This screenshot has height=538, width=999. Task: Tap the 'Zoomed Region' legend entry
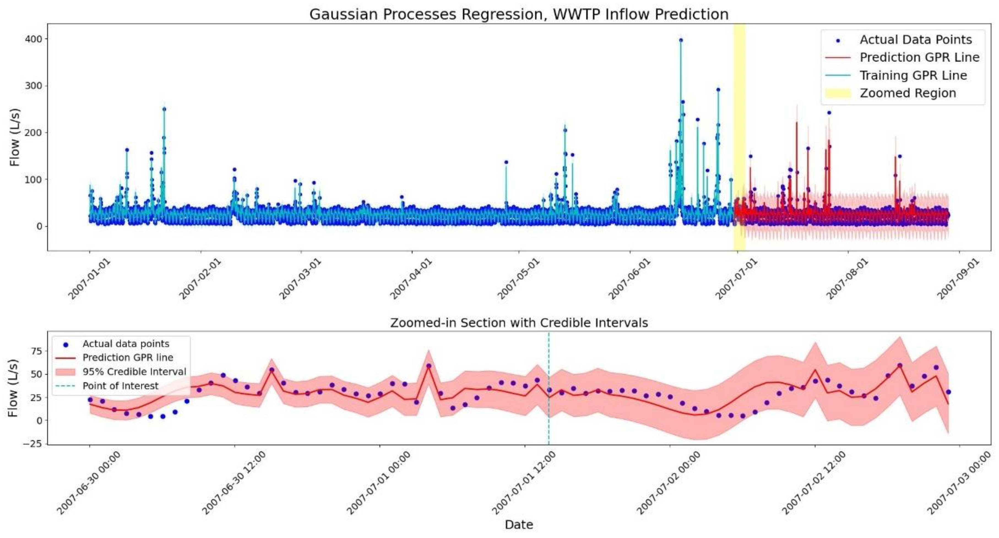[x=908, y=93]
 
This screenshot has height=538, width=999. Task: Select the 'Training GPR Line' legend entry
[x=913, y=75]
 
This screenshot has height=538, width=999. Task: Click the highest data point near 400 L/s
[x=681, y=40]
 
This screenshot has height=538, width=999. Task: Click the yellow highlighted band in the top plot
[x=739, y=136]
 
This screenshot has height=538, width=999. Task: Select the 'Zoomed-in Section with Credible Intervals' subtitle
[x=518, y=323]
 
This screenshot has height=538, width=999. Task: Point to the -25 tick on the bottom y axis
[x=34, y=444]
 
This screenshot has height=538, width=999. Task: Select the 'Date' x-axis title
[x=518, y=525]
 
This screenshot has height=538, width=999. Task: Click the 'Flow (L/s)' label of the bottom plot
[x=13, y=388]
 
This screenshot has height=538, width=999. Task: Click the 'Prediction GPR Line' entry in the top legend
[x=919, y=57]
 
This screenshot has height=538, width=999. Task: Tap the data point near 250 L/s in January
[x=164, y=109]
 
